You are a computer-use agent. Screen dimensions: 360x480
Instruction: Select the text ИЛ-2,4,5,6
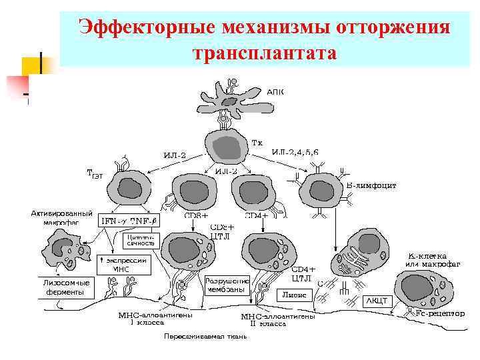295,153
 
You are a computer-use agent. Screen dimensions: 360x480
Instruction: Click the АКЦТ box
375,301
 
